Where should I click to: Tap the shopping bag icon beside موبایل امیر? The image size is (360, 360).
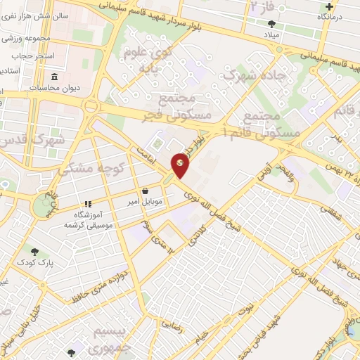tap(145, 191)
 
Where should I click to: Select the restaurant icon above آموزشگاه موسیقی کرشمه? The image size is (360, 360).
tap(88, 204)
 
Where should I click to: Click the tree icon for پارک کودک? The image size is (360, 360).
tap(34, 251)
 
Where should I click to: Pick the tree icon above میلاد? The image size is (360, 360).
tap(272, 24)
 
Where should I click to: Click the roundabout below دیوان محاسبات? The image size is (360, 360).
tap(90, 106)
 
